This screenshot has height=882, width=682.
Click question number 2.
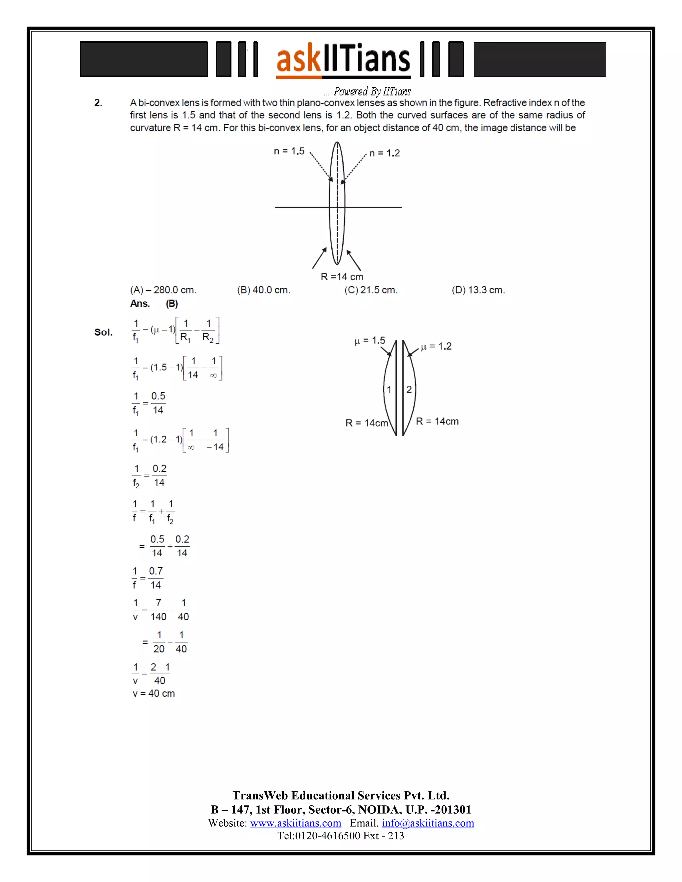click(x=98, y=103)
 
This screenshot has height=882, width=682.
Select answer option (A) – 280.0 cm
click(x=163, y=290)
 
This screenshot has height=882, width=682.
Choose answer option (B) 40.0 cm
click(x=264, y=290)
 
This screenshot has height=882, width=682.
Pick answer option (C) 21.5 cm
click(x=371, y=290)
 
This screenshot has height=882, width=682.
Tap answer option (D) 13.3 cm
click(x=479, y=290)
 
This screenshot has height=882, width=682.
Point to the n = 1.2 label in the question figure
click(x=384, y=153)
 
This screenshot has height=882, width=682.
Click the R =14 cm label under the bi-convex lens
click(x=342, y=277)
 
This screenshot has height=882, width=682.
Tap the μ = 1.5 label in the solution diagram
click(x=370, y=341)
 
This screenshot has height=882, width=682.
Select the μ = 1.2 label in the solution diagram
click(x=436, y=346)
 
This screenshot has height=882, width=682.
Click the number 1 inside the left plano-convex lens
click(x=389, y=390)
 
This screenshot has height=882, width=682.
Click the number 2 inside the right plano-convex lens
click(x=409, y=390)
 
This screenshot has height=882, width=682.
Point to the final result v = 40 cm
click(x=154, y=693)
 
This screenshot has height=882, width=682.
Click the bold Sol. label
click(x=104, y=332)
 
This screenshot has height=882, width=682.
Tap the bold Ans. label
click(x=140, y=304)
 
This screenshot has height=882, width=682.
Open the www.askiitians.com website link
click(x=296, y=823)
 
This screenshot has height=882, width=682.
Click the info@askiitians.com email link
click(x=428, y=823)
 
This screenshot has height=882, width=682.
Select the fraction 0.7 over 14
click(x=156, y=578)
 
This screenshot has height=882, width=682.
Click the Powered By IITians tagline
click(x=372, y=91)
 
